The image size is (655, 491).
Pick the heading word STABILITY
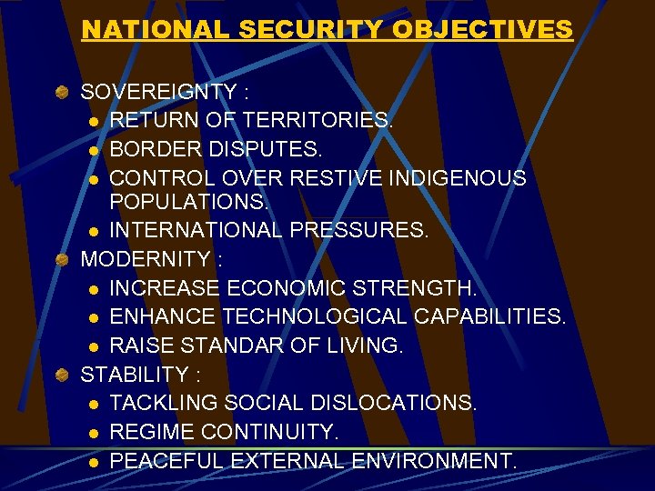[133, 374]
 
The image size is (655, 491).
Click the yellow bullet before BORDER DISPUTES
[94, 149]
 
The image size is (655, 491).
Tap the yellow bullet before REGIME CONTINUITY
[94, 432]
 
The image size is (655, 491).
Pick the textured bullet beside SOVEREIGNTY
[61, 93]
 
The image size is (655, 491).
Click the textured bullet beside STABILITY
[61, 375]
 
